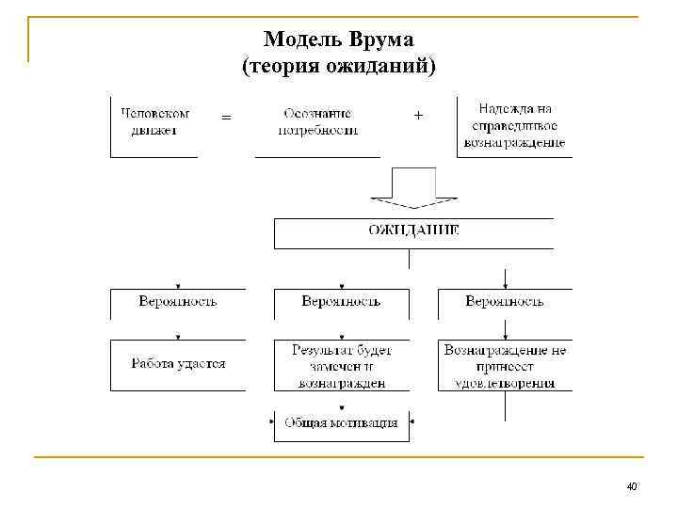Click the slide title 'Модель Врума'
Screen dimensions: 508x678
point(346,39)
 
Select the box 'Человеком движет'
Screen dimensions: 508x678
point(154,122)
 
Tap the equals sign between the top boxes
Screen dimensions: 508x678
point(226,118)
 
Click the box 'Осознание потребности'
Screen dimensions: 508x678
point(318,122)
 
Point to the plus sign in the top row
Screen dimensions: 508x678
point(418,115)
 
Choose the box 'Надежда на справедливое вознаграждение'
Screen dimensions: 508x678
point(514,125)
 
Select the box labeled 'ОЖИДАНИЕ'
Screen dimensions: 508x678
point(413,231)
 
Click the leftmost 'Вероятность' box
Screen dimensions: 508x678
point(178,302)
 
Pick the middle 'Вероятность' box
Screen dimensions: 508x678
point(341,302)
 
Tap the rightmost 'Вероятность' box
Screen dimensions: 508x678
point(505,302)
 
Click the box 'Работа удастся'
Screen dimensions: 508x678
point(178,364)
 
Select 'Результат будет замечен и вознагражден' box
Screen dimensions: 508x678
point(341,365)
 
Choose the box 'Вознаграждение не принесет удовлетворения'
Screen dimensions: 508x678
point(505,365)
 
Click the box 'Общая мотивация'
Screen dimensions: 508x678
point(341,424)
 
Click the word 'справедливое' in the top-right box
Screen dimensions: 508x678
point(514,126)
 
